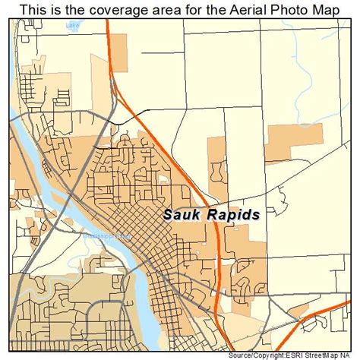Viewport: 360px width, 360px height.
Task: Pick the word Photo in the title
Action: pyautogui.click(x=292, y=9)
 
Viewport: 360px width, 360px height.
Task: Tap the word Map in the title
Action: pyautogui.click(x=331, y=9)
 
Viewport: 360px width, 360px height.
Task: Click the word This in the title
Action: pyautogui.click(x=33, y=9)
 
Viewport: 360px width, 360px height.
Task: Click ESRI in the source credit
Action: pyautogui.click(x=299, y=355)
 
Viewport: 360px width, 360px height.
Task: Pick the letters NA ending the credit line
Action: pyautogui.click(x=352, y=355)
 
